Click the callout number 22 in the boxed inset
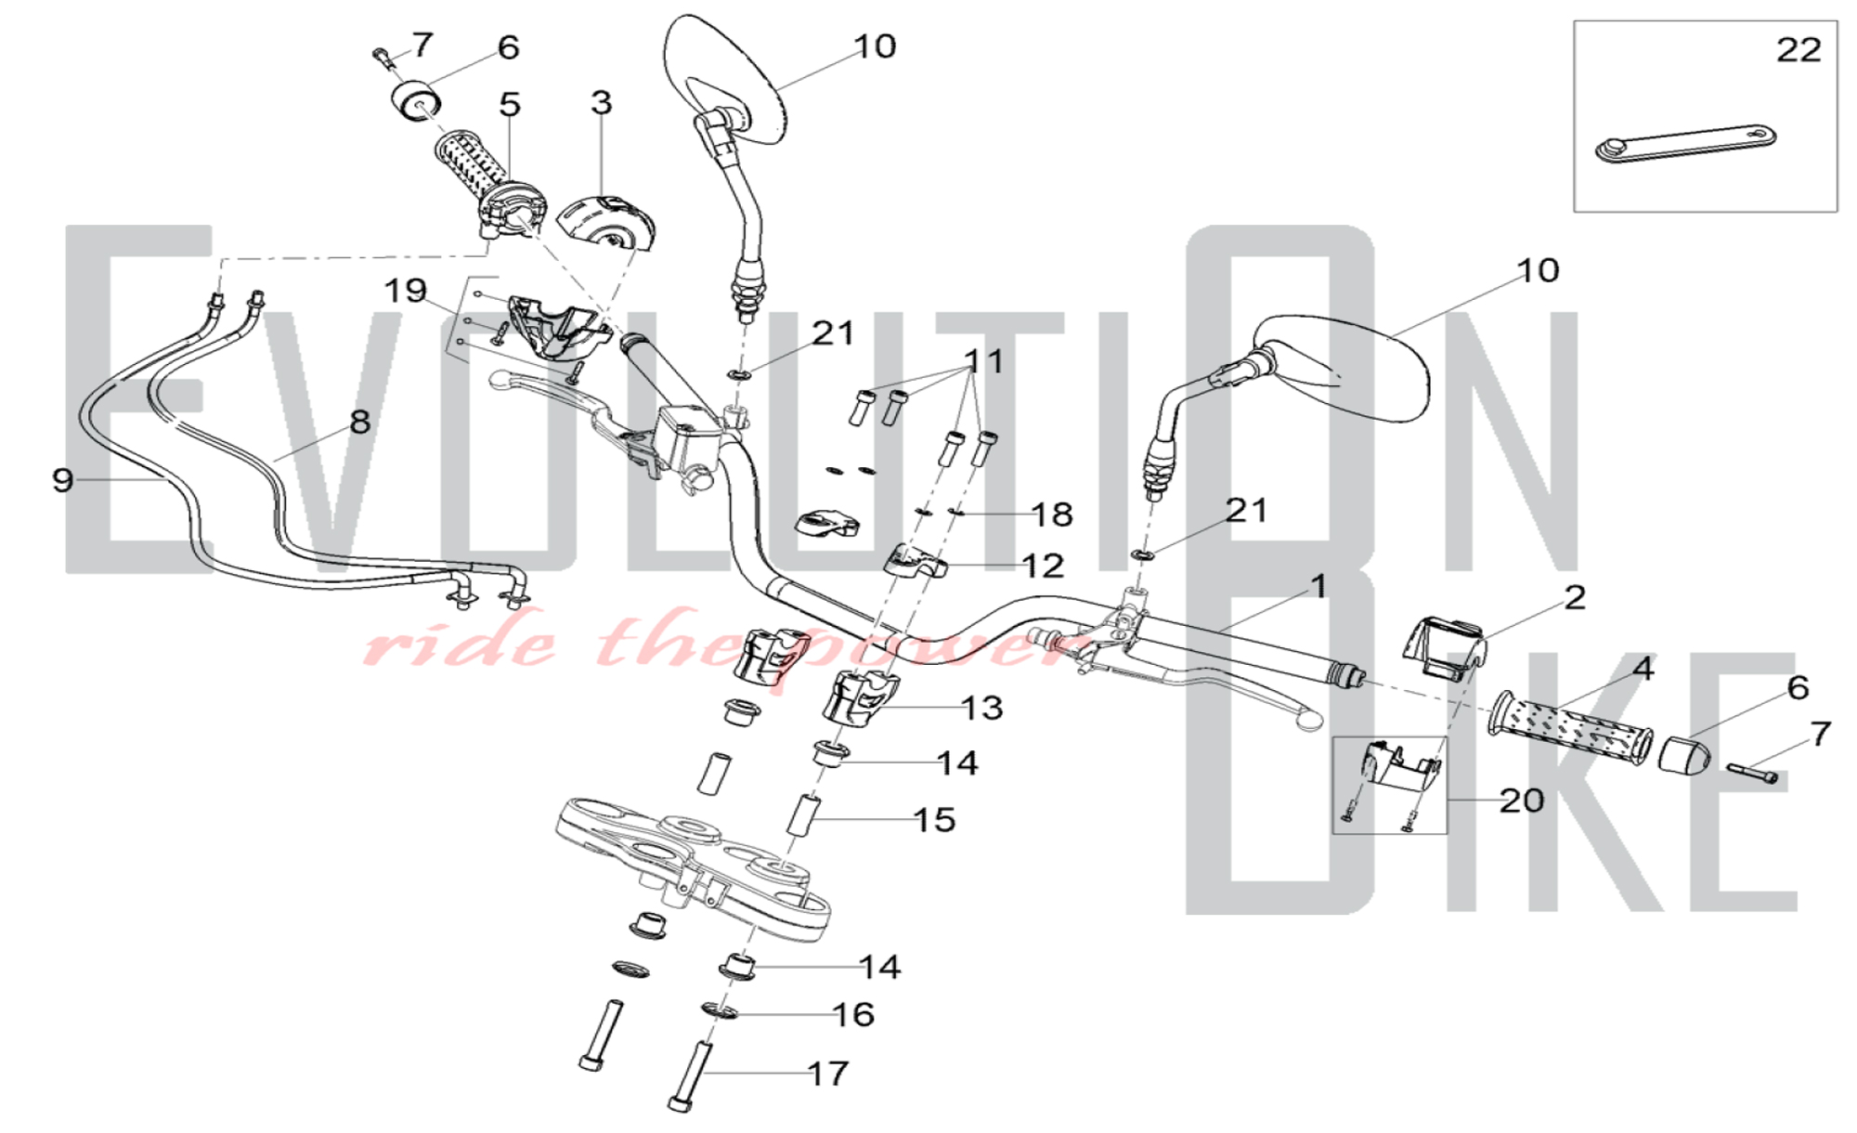click(1799, 49)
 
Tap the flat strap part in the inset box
click(1685, 143)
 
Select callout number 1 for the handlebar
click(1318, 586)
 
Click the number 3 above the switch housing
click(602, 102)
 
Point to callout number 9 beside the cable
click(62, 480)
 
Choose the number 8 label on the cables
click(360, 422)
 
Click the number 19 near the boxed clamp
click(406, 291)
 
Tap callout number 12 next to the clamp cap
click(1042, 566)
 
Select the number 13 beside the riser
click(982, 709)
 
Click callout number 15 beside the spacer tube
click(934, 820)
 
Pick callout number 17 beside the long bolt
click(828, 1074)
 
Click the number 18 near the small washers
click(1052, 514)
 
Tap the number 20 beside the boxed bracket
click(1522, 801)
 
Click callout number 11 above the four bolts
click(983, 361)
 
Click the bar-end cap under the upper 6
click(415, 100)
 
